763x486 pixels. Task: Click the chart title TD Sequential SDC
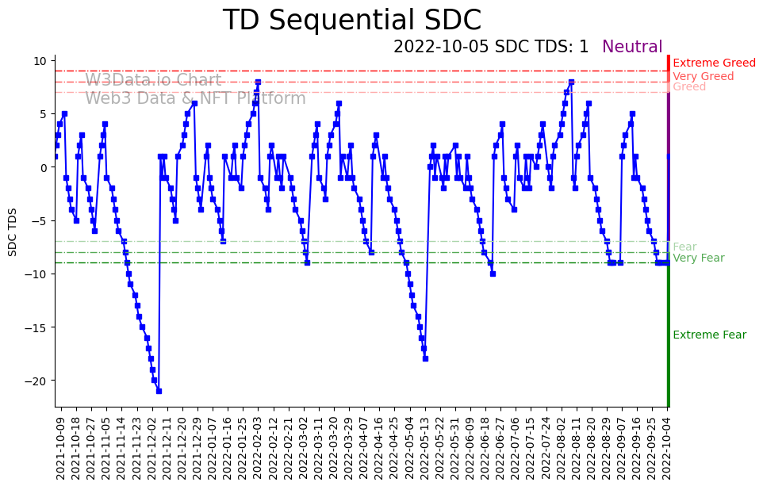(x=351, y=21)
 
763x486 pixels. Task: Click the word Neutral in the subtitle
(x=632, y=48)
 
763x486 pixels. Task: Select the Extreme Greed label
(x=714, y=63)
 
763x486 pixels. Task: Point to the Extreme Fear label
(x=709, y=335)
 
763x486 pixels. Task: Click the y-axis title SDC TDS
(x=13, y=232)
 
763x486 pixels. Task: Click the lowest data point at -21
(x=159, y=391)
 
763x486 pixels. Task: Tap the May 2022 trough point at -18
(x=425, y=358)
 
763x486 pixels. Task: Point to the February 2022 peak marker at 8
(x=258, y=82)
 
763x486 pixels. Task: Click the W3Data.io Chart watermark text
(x=154, y=81)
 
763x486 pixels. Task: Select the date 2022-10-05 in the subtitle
(x=441, y=48)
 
